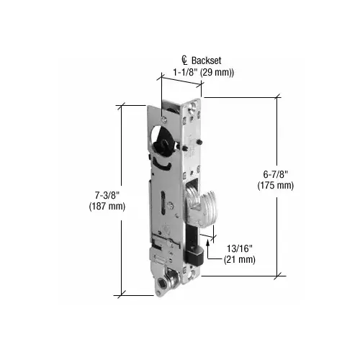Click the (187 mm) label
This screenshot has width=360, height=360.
tap(107, 206)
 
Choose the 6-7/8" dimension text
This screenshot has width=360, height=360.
tap(276, 174)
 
